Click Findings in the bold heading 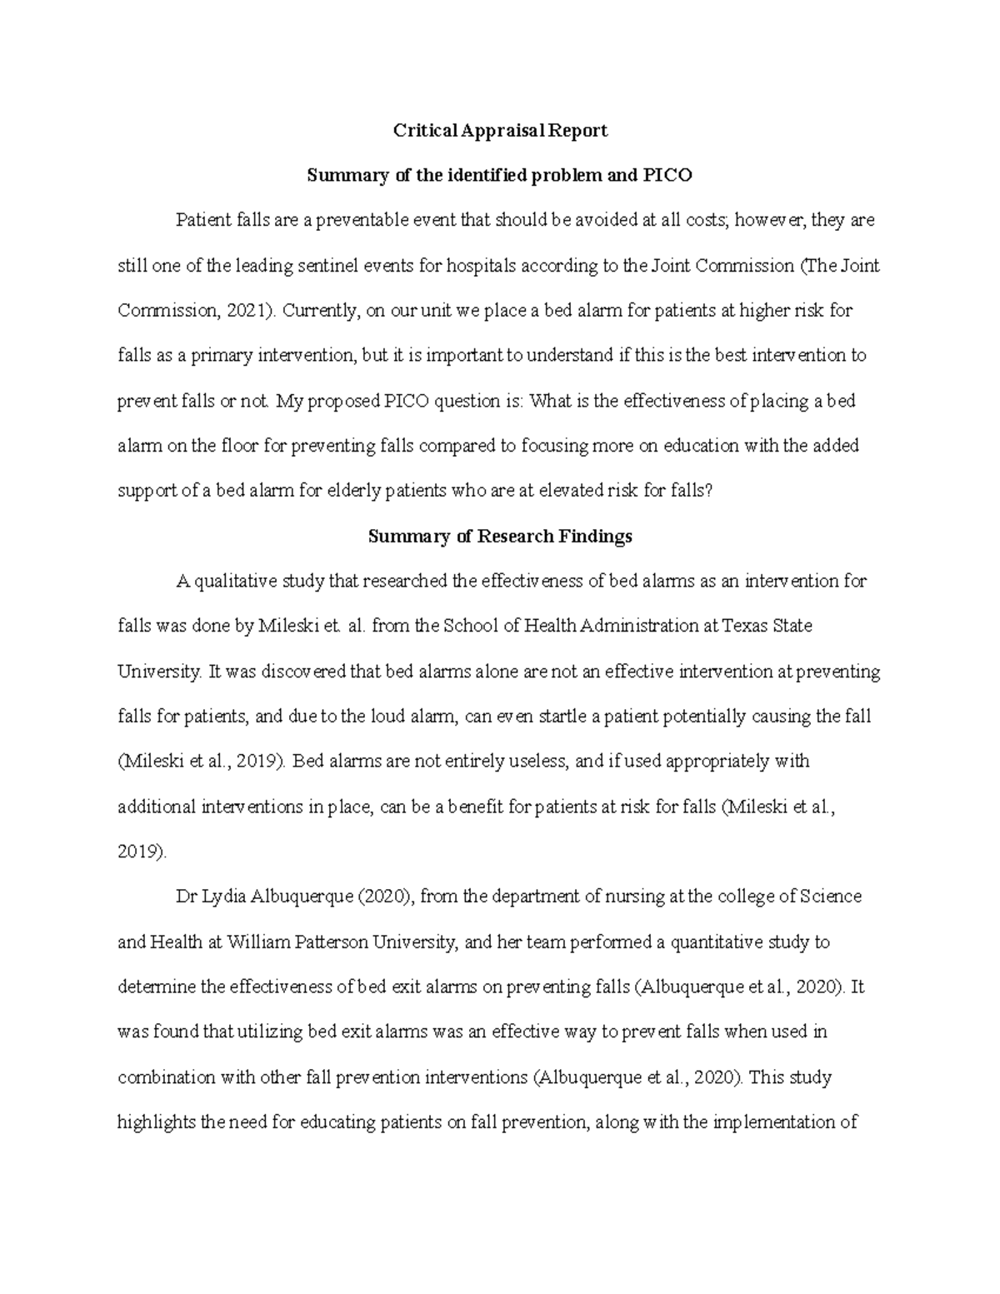596,537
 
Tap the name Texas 746,626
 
